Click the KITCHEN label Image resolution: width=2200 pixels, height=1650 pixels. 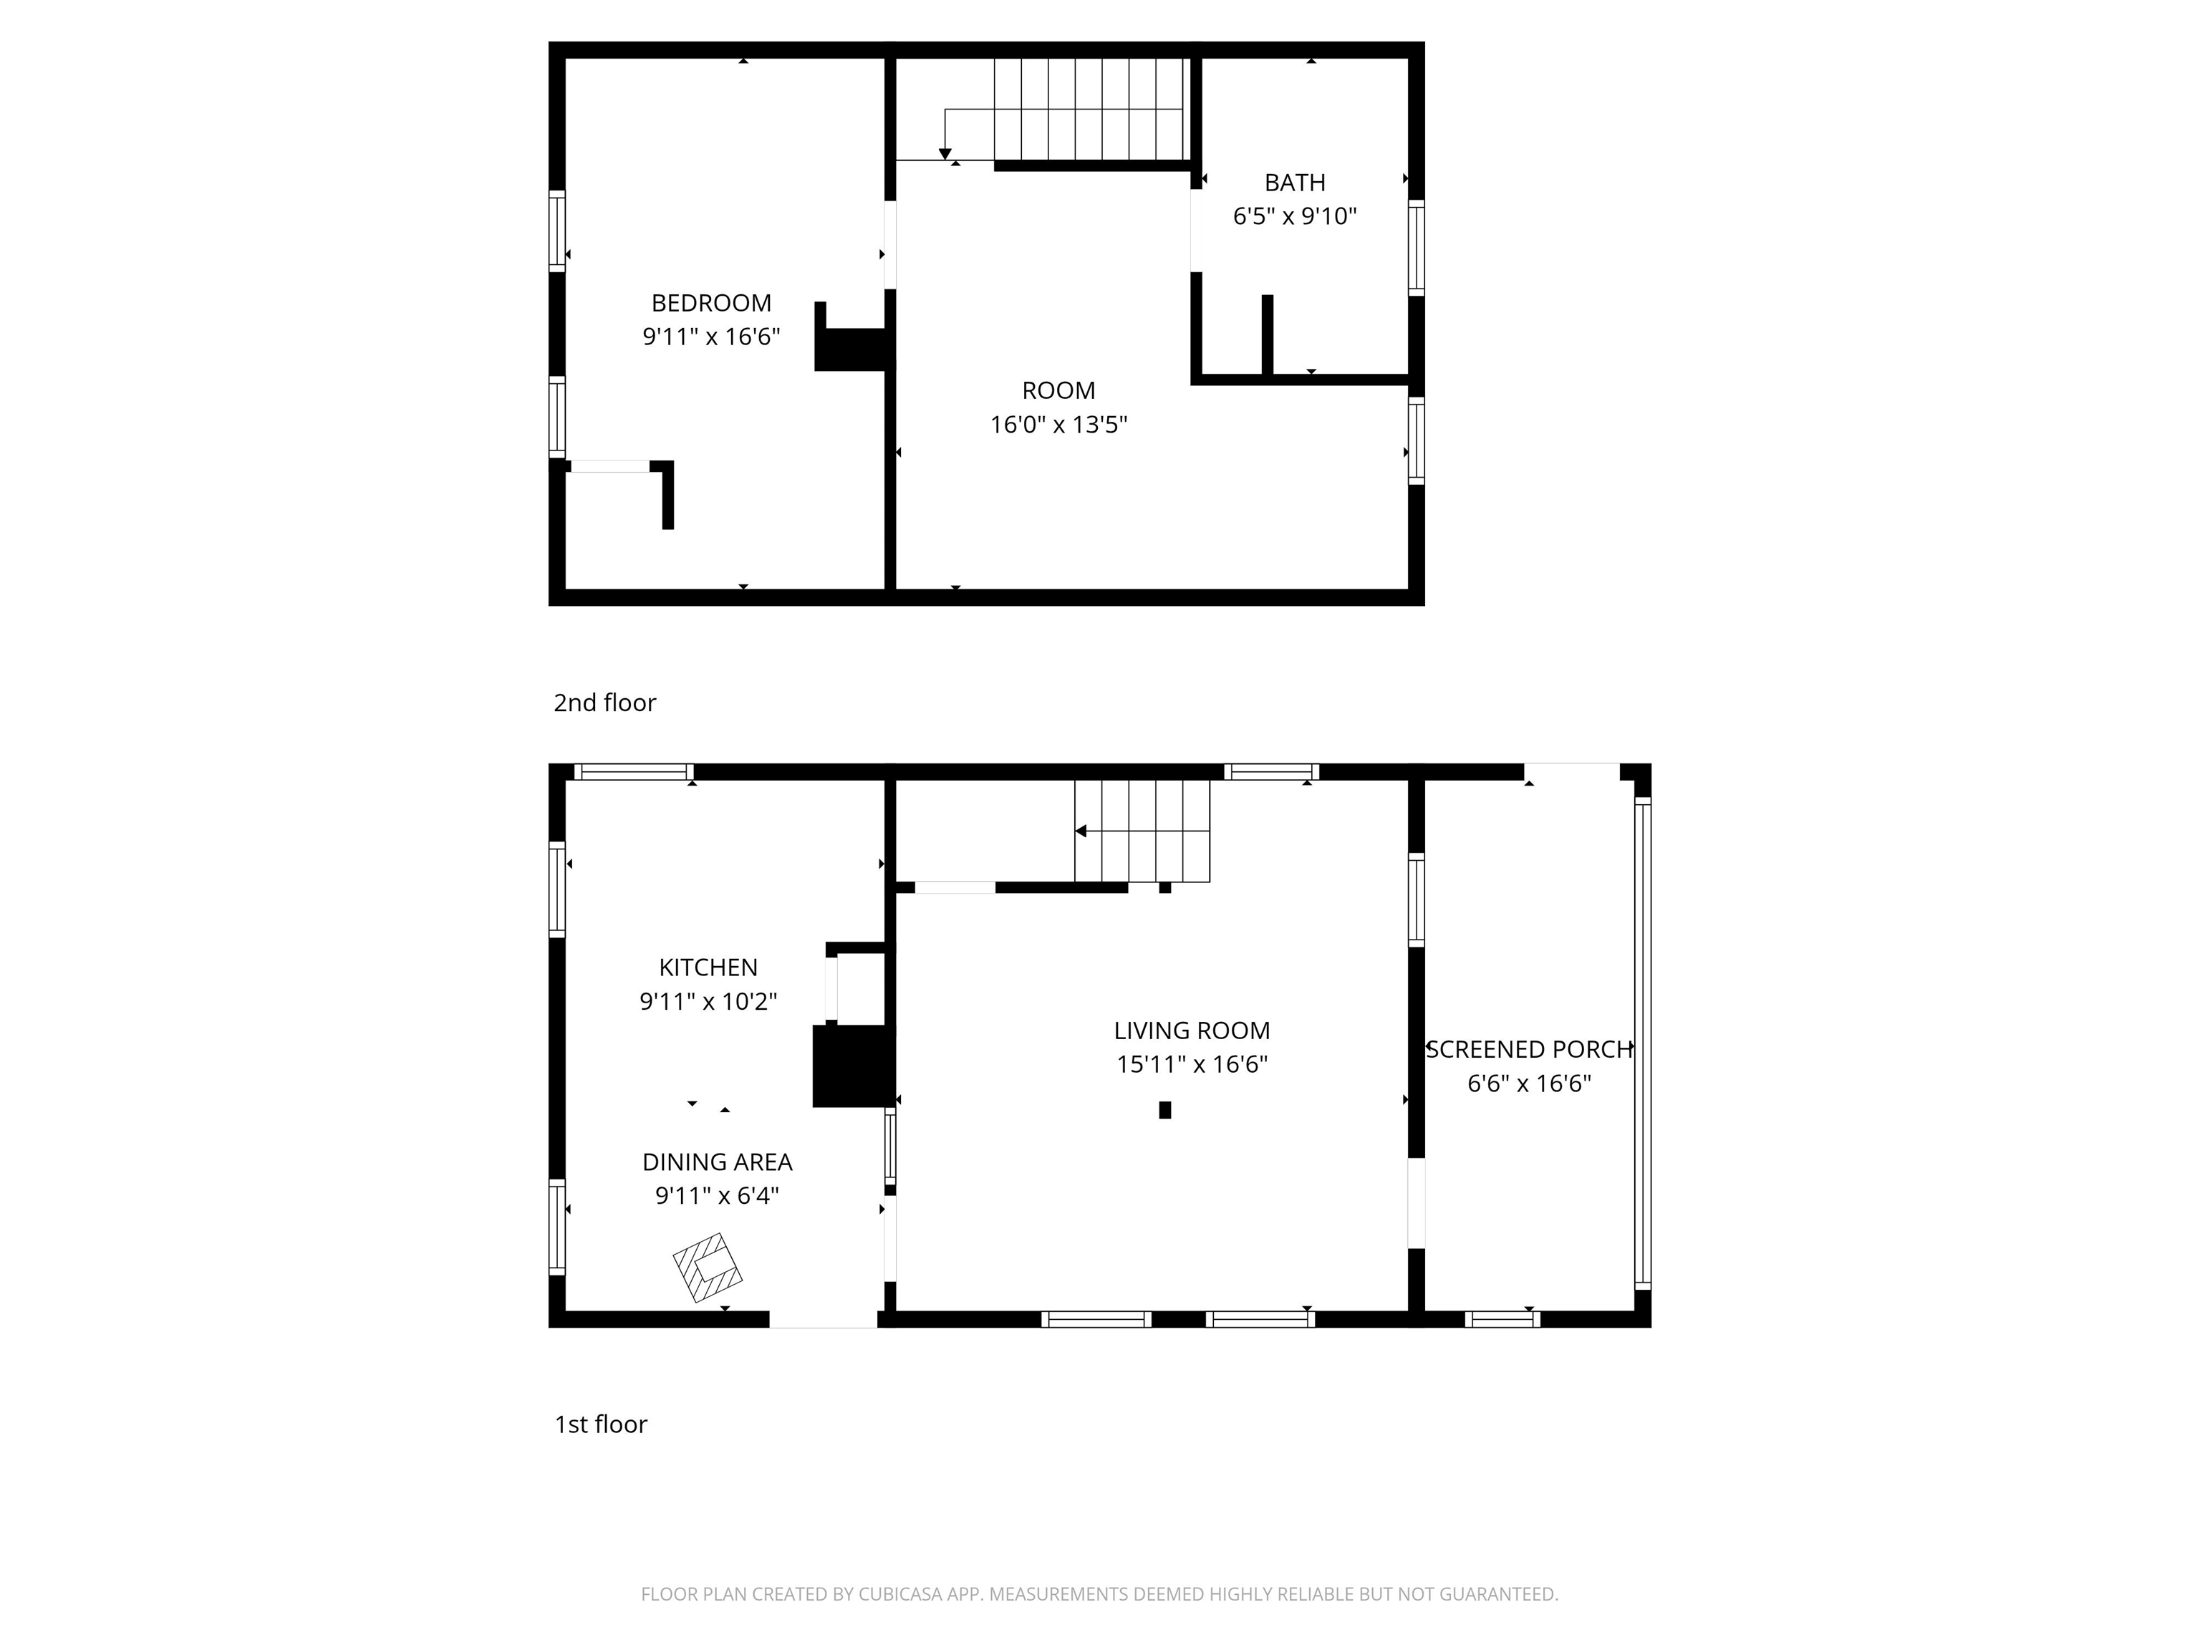point(708,968)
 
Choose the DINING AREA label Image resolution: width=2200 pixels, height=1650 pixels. point(717,1162)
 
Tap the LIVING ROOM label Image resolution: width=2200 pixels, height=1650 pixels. point(1192,1031)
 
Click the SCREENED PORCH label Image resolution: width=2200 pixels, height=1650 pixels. point(1530,1049)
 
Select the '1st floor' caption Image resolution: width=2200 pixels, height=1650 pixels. point(601,1424)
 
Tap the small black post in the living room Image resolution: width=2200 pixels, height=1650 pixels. point(1164,1110)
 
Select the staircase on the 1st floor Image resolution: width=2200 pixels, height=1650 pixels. point(1142,831)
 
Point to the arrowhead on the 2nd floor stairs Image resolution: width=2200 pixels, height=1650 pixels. point(945,154)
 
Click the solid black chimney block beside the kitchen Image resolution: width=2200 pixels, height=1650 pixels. point(851,1066)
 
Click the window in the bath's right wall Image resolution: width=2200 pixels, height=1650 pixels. point(1417,248)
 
